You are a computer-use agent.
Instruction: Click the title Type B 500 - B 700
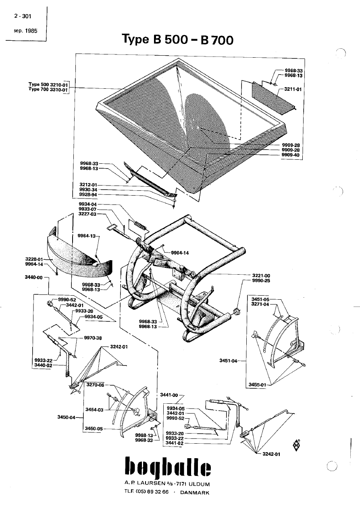click(x=177, y=40)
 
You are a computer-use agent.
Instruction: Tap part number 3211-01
click(x=293, y=90)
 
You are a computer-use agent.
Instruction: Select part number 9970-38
click(x=93, y=338)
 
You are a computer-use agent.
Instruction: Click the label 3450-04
click(x=67, y=417)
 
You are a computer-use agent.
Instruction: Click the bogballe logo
click(x=168, y=468)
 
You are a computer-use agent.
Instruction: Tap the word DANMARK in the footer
click(x=194, y=493)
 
